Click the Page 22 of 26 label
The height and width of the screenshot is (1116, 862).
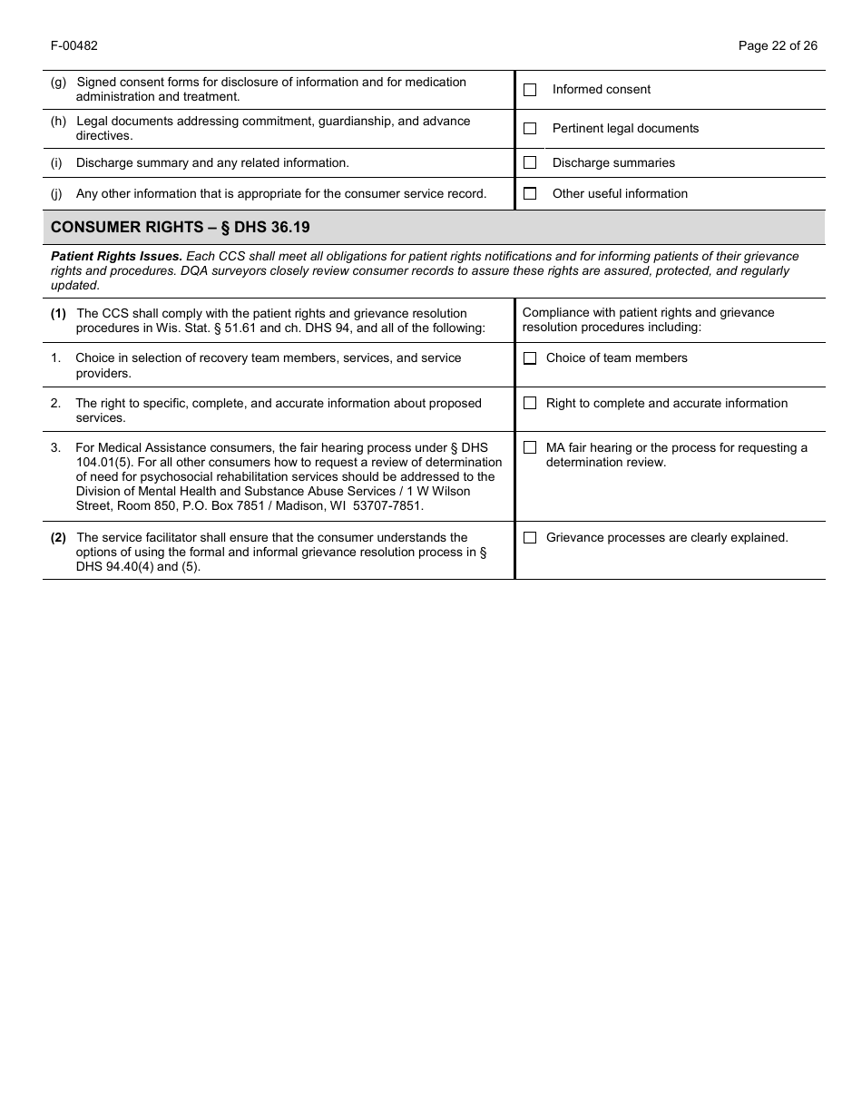pyautogui.click(x=778, y=45)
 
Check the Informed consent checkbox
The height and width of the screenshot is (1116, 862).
pyautogui.click(x=530, y=90)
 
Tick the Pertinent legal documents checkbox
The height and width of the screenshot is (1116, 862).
pyautogui.click(x=530, y=129)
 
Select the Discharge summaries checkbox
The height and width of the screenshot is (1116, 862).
pyautogui.click(x=530, y=162)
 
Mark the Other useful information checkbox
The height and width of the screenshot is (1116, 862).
pyautogui.click(x=530, y=193)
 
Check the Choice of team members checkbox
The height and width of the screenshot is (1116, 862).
pyautogui.click(x=530, y=358)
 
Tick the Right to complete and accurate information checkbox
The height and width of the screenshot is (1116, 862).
pyautogui.click(x=530, y=403)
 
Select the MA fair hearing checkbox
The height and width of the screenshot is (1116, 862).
pyautogui.click(x=530, y=447)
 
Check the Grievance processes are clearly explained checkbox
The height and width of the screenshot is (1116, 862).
pyautogui.click(x=530, y=537)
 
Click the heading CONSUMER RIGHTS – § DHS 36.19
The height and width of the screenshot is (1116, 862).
pyautogui.click(x=180, y=227)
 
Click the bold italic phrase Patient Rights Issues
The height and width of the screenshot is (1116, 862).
pyautogui.click(x=116, y=257)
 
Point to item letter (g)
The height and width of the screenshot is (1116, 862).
pyautogui.click(x=58, y=82)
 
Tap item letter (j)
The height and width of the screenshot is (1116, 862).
pyautogui.click(x=56, y=193)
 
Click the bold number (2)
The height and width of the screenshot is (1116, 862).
pyautogui.click(x=58, y=537)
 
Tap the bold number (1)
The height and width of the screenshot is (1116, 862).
pyautogui.click(x=58, y=313)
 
